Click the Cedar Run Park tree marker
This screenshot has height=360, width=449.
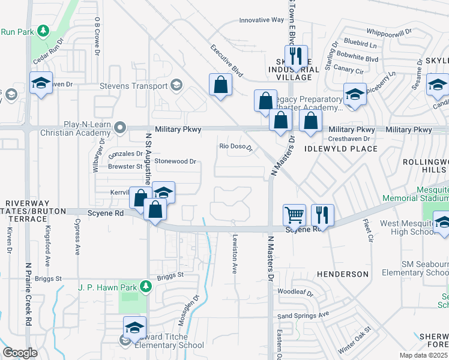(43, 30)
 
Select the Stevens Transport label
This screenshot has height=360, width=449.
(133, 86)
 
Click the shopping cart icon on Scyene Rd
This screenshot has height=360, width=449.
(294, 214)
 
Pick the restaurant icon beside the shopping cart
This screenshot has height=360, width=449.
(322, 214)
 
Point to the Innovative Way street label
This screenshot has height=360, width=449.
(261, 20)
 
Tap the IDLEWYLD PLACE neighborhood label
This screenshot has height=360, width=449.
(341, 149)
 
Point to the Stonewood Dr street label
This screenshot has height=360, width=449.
(176, 161)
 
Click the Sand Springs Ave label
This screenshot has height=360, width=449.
(303, 315)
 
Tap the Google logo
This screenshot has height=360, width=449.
(20, 352)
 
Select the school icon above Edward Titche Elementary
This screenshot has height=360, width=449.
(134, 328)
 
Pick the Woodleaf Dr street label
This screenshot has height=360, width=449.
(296, 293)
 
